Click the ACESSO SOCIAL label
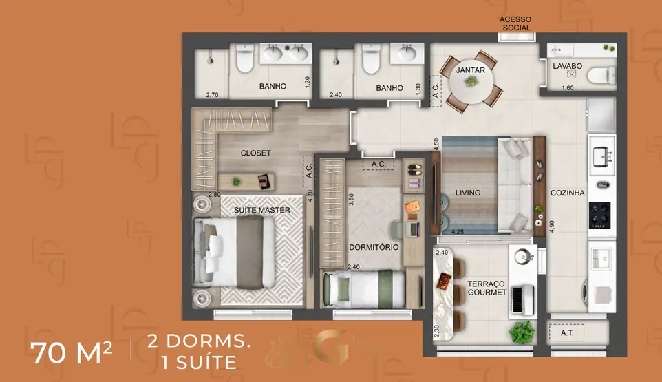515,23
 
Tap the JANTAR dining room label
470,70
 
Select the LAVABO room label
568,66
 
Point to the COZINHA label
568,193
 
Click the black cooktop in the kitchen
599,215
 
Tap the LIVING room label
468,193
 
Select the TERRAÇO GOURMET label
487,288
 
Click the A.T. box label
567,332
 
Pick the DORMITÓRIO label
374,247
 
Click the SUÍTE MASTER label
261,210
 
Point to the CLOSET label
256,153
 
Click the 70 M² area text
71,352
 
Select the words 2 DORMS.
199,341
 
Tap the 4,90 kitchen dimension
552,226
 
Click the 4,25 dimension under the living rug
458,232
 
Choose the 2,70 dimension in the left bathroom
213,95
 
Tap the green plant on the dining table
470,81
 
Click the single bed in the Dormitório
364,289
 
